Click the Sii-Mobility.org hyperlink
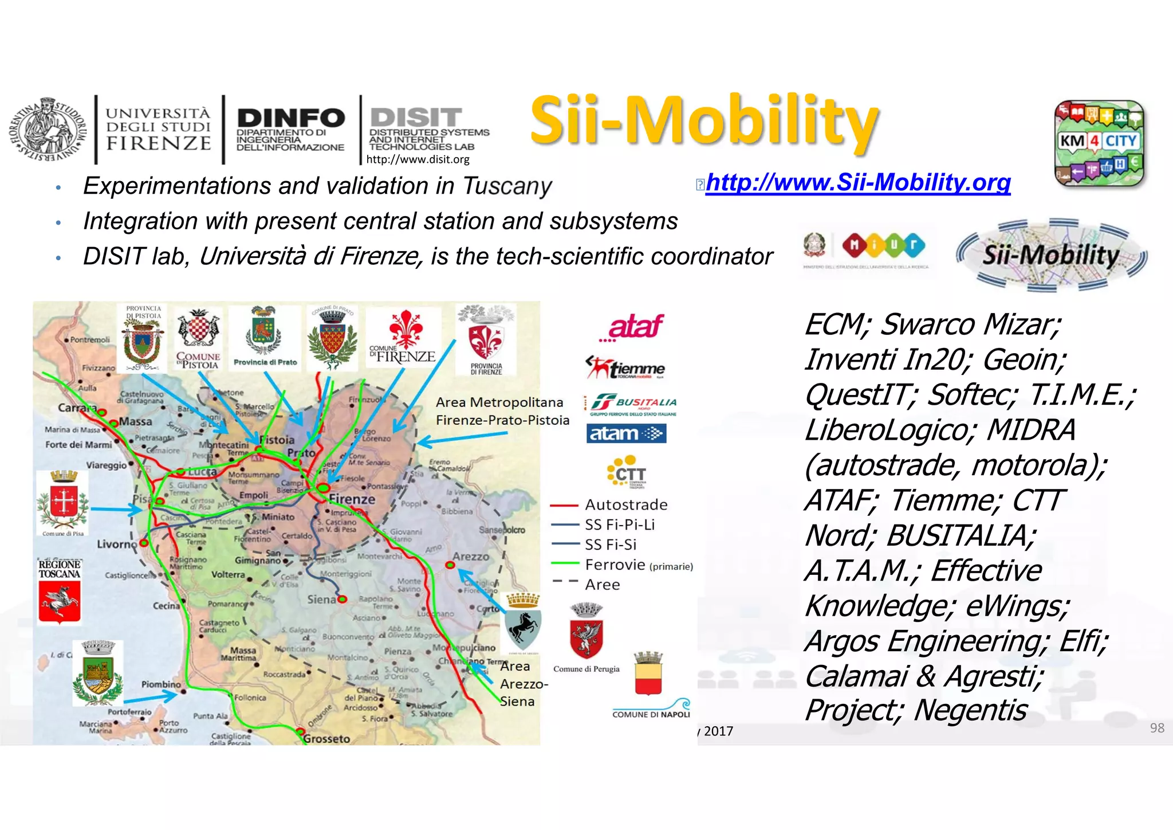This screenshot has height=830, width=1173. tap(857, 182)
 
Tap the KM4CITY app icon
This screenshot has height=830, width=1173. tap(1099, 143)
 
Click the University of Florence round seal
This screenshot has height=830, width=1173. tap(48, 130)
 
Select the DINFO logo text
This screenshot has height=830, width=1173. tap(290, 119)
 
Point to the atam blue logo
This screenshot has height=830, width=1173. tap(626, 433)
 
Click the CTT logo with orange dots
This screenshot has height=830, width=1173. tap(627, 471)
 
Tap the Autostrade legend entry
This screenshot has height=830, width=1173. tap(625, 505)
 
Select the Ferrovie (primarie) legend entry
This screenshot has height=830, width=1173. tap(638, 565)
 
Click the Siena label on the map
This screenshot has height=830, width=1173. tap(321, 600)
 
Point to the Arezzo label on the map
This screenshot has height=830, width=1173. tap(471, 557)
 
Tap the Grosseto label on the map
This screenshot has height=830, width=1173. tap(326, 738)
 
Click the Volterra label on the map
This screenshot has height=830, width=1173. tap(228, 574)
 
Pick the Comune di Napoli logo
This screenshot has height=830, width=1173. tap(651, 685)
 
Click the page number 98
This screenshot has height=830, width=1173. tap(1156, 728)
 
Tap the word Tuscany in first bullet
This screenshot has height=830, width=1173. tap(506, 186)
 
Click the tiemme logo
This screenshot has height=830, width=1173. tap(625, 368)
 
